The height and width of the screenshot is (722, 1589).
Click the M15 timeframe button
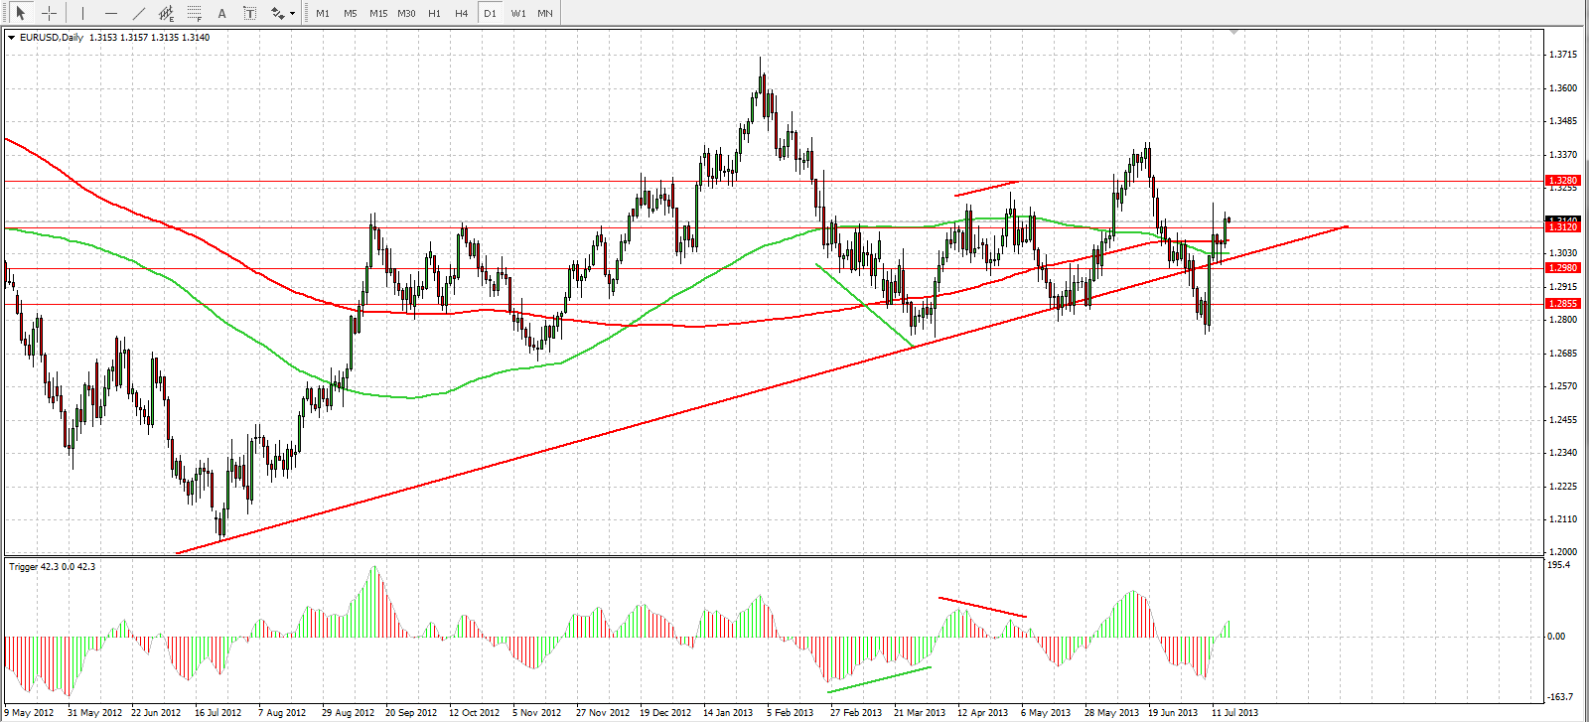tap(378, 14)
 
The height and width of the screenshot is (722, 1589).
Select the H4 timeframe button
tap(462, 14)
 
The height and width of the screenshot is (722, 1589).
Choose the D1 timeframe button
tap(490, 14)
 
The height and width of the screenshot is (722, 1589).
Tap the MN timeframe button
tap(545, 14)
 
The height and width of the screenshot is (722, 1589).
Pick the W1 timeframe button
tap(518, 14)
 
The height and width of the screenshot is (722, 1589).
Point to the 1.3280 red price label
tap(1562, 181)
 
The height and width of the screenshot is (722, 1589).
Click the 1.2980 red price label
tap(1562, 267)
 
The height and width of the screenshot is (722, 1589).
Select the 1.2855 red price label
tap(1562, 304)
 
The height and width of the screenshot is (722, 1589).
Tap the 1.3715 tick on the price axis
tap(1563, 55)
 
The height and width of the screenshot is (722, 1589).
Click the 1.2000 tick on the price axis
tap(1563, 552)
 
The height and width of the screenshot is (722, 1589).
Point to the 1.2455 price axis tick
tap(1563, 420)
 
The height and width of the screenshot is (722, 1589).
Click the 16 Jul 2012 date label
tap(218, 712)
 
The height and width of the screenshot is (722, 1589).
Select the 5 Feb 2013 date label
tap(790, 712)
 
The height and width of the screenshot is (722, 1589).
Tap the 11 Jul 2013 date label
tap(1234, 712)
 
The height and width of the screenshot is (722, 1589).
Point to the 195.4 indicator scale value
tap(1559, 565)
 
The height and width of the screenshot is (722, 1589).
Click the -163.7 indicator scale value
tap(1560, 697)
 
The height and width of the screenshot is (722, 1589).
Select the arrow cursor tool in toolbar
tap(20, 14)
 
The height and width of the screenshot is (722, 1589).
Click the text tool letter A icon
tap(221, 14)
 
